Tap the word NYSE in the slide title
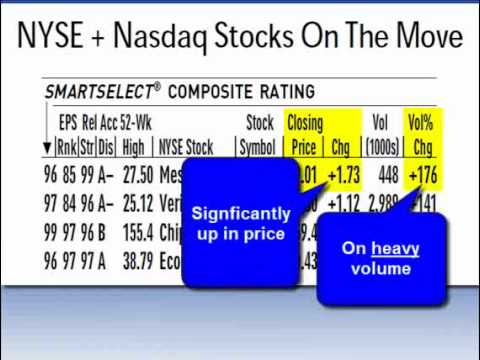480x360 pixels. click(49, 36)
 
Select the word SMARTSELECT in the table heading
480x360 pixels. click(97, 92)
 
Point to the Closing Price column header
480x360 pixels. click(304, 135)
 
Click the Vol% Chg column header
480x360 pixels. click(421, 135)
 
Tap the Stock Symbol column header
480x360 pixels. click(259, 135)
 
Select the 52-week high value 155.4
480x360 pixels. click(137, 233)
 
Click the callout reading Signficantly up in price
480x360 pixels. click(240, 224)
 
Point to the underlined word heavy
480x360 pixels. click(395, 248)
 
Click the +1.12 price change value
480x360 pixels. click(343, 205)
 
